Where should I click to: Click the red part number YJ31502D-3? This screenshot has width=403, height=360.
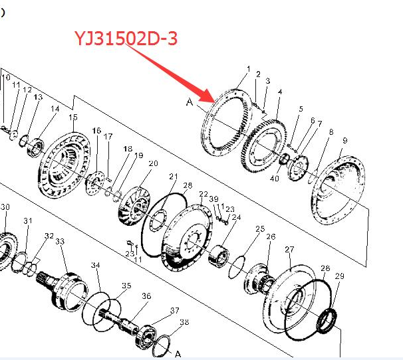[126, 39]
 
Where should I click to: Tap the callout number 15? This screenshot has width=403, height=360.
[73, 117]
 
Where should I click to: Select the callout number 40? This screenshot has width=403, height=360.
[275, 178]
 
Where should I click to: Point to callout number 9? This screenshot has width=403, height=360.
[345, 140]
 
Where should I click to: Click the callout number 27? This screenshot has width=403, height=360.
[289, 249]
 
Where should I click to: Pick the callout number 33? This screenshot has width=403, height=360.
[60, 241]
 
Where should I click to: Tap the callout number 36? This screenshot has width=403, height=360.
[146, 296]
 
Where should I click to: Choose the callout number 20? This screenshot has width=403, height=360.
[153, 163]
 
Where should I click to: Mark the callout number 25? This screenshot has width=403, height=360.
[260, 228]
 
